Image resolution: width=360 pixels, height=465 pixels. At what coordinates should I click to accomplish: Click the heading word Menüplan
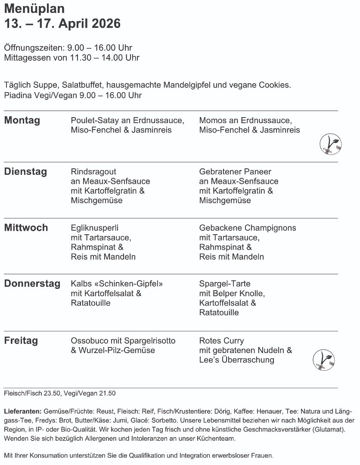(x=34, y=8)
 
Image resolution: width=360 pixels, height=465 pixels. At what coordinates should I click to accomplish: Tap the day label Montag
(x=22, y=121)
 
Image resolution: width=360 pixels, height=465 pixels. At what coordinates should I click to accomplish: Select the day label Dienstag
(x=25, y=172)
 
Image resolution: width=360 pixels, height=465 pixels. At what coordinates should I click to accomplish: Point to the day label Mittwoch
(x=26, y=228)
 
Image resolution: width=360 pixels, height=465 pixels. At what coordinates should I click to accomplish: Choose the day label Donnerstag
(x=32, y=284)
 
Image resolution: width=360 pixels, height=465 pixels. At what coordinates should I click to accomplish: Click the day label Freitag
(x=21, y=341)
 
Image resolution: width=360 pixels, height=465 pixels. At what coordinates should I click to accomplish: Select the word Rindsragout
(x=93, y=172)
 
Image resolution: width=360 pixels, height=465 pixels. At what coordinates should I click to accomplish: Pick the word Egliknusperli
(x=94, y=228)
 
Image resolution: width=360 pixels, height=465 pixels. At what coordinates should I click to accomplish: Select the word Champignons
(x=270, y=228)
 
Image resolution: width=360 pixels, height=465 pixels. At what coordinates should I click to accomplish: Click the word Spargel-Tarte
(x=225, y=284)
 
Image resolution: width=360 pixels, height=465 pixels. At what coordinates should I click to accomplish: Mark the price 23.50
(x=53, y=393)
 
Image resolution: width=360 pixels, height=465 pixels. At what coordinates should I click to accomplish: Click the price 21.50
(x=107, y=393)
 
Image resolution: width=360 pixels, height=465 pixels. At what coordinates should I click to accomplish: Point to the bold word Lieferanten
(x=22, y=411)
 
